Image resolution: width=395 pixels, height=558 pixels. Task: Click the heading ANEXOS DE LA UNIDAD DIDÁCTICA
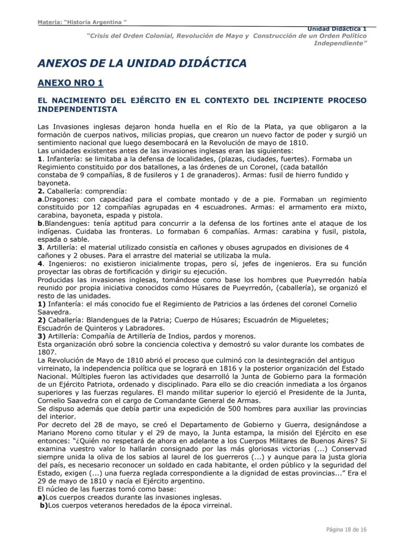[142, 63]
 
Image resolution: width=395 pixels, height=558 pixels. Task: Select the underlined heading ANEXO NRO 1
[70, 83]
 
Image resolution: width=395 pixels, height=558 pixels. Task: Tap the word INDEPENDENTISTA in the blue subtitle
[77, 109]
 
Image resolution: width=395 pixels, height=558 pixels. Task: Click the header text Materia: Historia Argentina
[82, 22]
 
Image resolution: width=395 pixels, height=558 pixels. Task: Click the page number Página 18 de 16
[346, 529]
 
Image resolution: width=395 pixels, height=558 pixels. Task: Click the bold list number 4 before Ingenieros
[40, 264]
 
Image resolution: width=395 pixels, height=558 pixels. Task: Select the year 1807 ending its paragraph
[46, 352]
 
